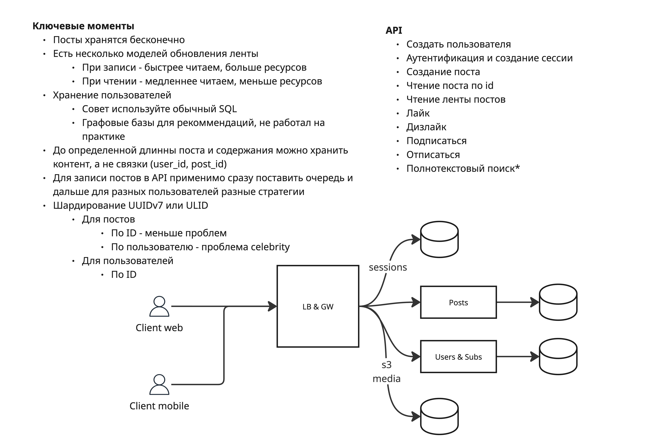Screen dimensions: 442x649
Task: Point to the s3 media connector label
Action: coord(387,372)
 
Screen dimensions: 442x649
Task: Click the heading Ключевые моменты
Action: coord(83,26)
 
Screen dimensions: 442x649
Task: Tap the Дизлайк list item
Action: coord(426,127)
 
